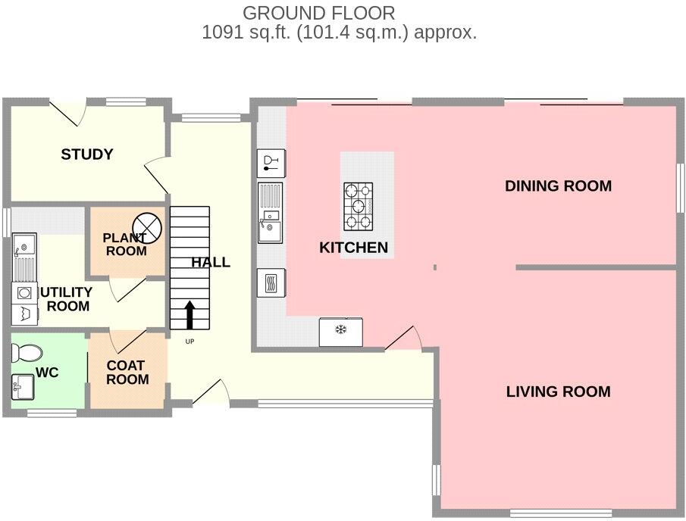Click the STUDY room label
[x=87, y=154]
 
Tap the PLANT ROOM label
[x=126, y=245]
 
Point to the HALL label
[x=211, y=263]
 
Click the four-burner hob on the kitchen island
[x=359, y=206]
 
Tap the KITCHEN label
[x=353, y=248]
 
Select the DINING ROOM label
[x=558, y=186]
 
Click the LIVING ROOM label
[x=558, y=392]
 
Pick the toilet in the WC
[x=27, y=353]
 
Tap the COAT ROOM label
[x=127, y=372]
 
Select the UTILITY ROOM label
[x=67, y=299]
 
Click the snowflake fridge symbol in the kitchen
[x=340, y=331]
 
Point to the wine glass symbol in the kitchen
[x=271, y=161]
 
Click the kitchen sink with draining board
[x=271, y=212]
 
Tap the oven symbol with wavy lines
[x=271, y=283]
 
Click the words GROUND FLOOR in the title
[x=318, y=13]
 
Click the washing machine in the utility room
[x=23, y=292]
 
